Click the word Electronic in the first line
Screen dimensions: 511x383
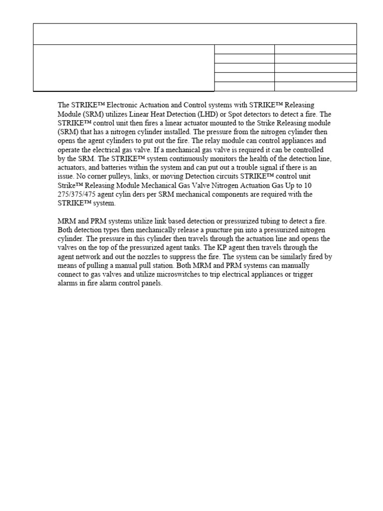118,105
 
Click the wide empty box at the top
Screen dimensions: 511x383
194,34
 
